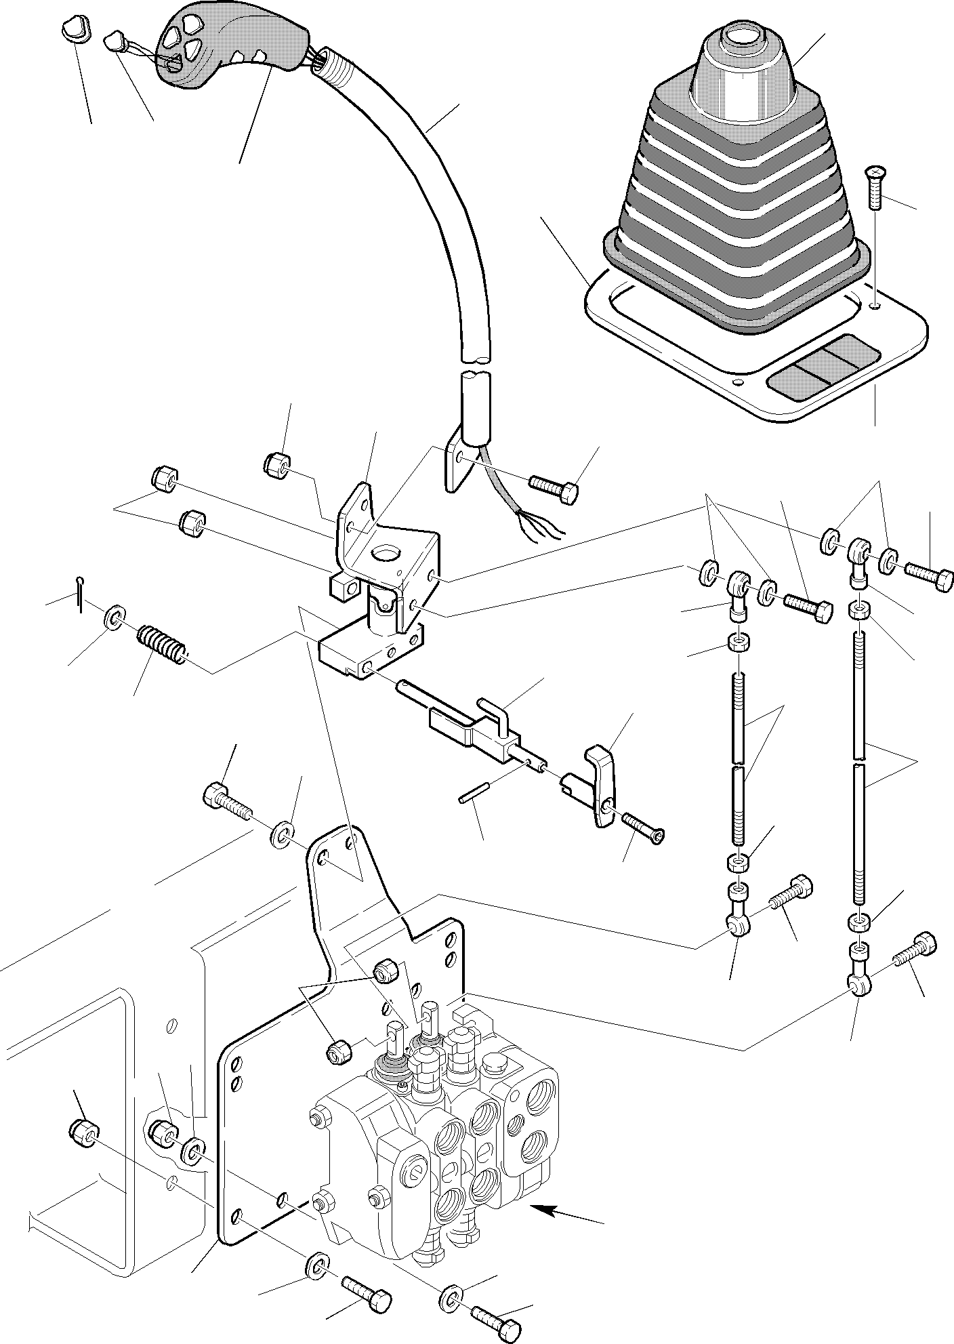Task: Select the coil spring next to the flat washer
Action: tap(161, 645)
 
